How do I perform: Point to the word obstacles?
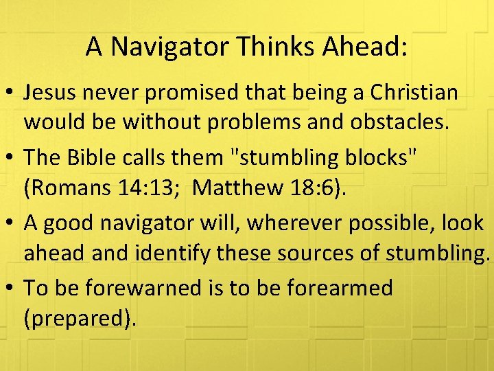[404, 124]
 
